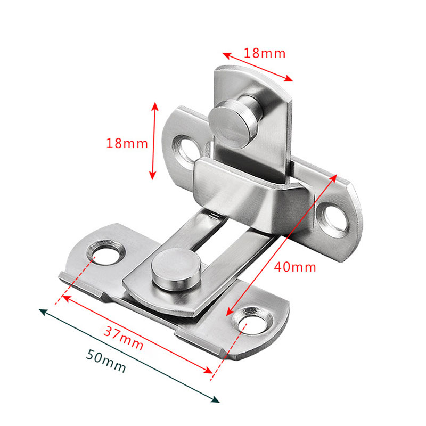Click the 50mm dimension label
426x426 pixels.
coord(106,362)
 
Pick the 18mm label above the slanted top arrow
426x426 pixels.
coord(265,53)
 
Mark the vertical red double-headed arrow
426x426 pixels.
coord(154,141)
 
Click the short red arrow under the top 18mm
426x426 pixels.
coord(258,67)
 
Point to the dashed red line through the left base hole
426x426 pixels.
coord(78,279)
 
